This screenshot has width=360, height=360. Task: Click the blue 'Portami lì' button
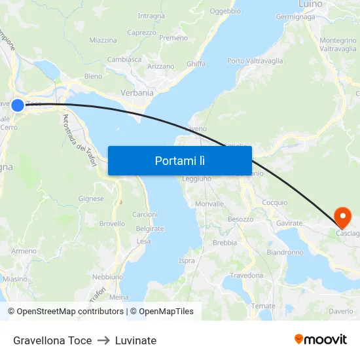[179, 160]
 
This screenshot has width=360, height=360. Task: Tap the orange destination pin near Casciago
[342, 216]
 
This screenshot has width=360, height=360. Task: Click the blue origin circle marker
[18, 105]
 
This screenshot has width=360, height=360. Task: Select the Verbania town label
[137, 93]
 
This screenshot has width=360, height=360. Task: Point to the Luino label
[310, 4]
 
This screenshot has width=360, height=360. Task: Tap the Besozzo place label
[240, 219]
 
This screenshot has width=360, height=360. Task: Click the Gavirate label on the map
[289, 223]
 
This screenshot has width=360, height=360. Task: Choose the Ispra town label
[187, 261]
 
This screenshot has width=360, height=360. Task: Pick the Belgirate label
[150, 229]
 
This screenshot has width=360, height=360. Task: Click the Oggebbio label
[225, 11]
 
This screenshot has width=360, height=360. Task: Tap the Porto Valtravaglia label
[255, 61]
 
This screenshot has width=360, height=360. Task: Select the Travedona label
[246, 276]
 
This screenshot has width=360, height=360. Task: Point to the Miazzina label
[103, 40]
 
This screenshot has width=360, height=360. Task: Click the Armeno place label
[24, 251]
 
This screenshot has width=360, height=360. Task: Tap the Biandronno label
[285, 252]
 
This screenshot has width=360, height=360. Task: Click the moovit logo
[321, 339]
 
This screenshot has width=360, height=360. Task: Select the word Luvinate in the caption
[135, 340]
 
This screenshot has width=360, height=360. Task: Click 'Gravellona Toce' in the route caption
[52, 340]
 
